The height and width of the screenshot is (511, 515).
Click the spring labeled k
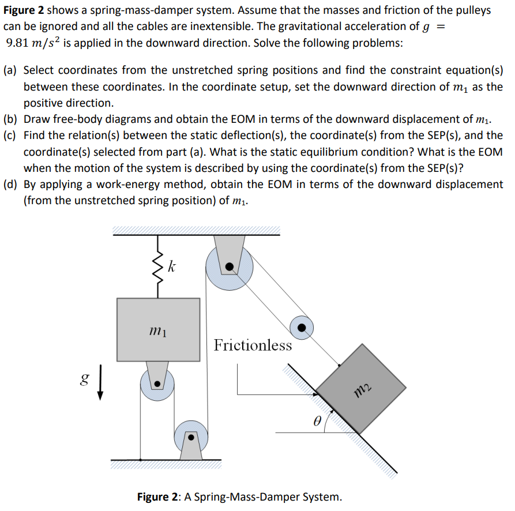tap(157, 269)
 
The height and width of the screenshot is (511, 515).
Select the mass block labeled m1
tap(158, 329)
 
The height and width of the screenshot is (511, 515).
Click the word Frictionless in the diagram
tap(253, 345)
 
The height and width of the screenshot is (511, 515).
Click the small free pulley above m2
tap(301, 328)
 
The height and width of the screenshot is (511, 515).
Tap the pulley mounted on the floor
tap(190, 437)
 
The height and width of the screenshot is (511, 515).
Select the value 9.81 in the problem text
tap(19, 44)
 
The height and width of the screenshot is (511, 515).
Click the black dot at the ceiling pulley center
tap(229, 266)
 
